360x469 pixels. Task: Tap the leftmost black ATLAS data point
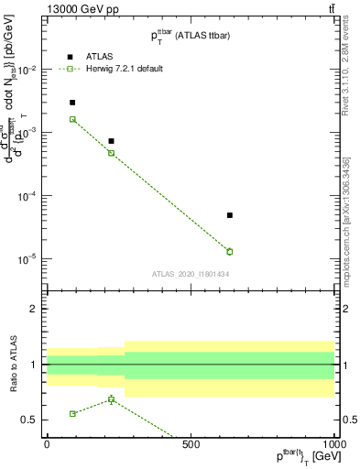point(72,103)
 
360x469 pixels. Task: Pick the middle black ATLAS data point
point(111,141)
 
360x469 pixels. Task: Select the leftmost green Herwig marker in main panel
point(72,119)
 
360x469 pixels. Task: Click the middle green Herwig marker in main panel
point(111,153)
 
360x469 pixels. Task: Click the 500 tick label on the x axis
point(191,442)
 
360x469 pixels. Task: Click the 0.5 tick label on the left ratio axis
point(30,420)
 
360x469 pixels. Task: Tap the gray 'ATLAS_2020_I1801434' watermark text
point(191,274)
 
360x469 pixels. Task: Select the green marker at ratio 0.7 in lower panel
point(111,399)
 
